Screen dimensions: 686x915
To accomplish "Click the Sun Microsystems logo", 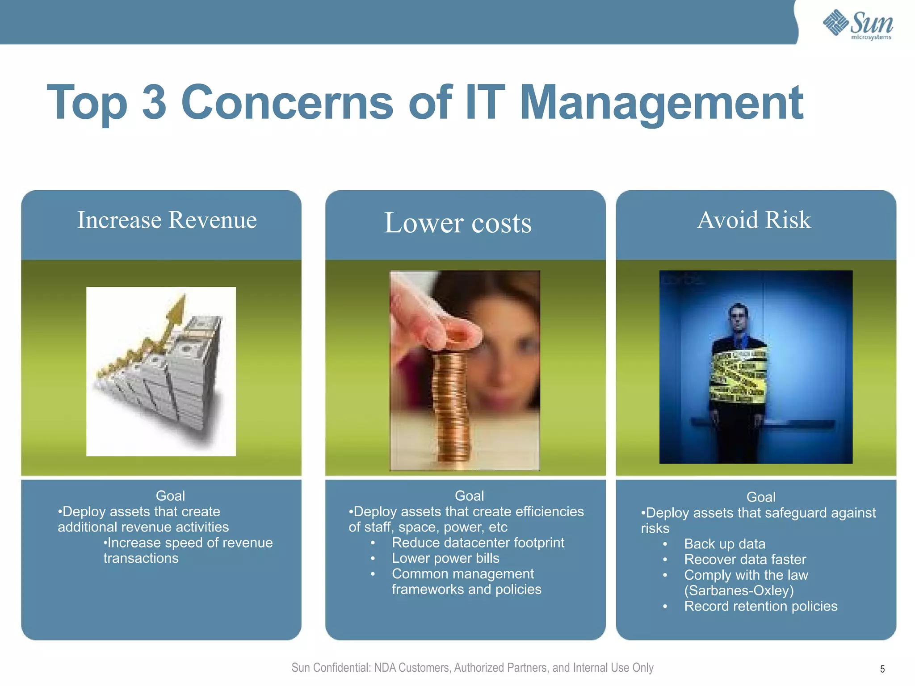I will click(x=858, y=25).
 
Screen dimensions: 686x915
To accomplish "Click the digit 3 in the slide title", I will click(x=154, y=102).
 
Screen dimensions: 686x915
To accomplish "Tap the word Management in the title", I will click(x=661, y=103).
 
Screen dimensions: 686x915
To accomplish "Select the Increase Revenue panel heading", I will click(x=167, y=220).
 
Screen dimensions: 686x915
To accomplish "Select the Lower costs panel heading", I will click(x=458, y=223).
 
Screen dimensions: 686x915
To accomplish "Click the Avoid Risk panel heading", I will click(x=754, y=220).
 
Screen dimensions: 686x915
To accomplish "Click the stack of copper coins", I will click(x=451, y=406).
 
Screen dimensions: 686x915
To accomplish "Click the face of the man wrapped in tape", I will click(x=738, y=318).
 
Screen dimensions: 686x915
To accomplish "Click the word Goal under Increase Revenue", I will click(x=170, y=496).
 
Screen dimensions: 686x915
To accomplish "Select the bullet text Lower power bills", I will click(x=445, y=558).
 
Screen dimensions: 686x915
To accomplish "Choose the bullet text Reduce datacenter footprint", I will click(x=478, y=543).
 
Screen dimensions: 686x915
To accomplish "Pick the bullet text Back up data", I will click(x=725, y=544).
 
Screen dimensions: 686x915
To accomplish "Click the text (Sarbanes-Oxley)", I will click(x=739, y=590).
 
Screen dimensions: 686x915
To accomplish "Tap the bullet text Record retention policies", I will click(x=760, y=606).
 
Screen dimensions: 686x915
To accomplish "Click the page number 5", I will click(x=882, y=669).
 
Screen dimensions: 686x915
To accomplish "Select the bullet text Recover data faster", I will click(x=745, y=560).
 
